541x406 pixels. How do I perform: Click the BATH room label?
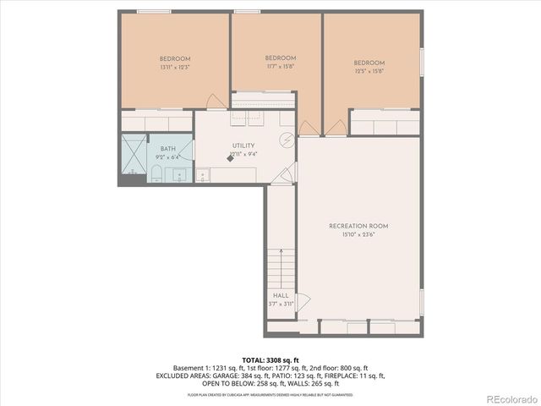168,149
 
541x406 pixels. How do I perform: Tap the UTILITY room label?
243,145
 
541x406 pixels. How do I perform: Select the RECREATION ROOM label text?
358,226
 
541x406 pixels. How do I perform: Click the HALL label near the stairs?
280,295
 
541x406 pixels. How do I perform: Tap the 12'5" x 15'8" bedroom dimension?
369,71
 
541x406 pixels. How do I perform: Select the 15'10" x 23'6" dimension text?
358,235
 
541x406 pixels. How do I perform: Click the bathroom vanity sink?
179,175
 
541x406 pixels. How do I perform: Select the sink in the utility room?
203,175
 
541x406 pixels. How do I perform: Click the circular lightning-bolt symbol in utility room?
287,141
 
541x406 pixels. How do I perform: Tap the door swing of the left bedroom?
215,101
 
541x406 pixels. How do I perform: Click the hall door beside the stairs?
303,300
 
